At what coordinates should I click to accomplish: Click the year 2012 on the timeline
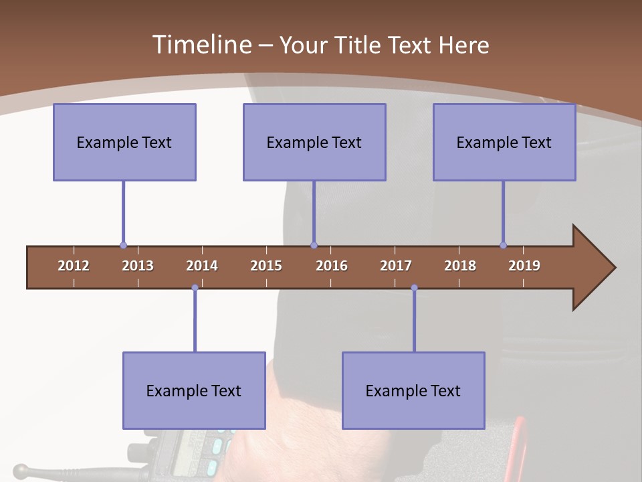74,266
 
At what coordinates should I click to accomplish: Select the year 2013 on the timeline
138,266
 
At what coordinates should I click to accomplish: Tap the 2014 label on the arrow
202,266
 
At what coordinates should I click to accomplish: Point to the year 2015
266,266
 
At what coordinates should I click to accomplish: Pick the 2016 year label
332,266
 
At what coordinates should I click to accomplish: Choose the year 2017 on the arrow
396,266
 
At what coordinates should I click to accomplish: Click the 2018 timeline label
460,266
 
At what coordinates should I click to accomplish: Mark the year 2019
524,266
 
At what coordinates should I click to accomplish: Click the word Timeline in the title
201,45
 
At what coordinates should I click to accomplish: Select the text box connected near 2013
124,142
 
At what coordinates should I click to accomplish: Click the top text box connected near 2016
314,142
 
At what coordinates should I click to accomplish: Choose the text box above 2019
504,142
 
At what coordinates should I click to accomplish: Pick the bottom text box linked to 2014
194,390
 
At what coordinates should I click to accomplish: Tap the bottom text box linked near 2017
413,390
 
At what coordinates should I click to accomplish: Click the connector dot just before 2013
123,246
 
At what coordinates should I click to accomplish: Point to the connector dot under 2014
195,288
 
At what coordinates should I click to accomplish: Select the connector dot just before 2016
314,246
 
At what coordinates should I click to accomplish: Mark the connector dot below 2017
414,288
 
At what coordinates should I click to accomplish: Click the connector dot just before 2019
503,246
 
